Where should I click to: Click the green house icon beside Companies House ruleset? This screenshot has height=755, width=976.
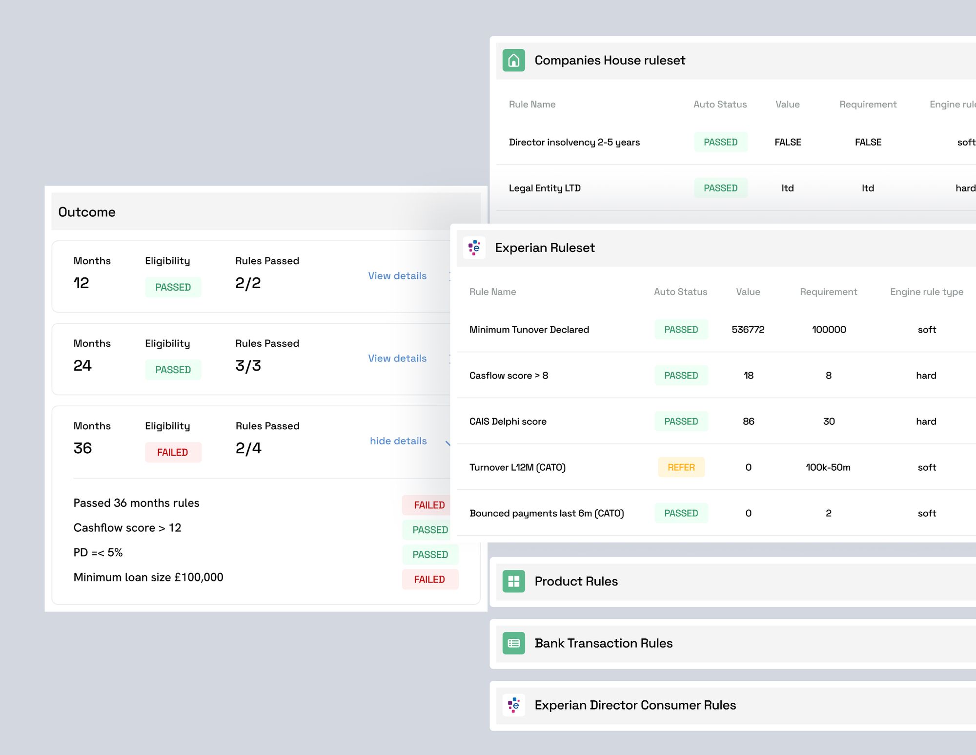513,60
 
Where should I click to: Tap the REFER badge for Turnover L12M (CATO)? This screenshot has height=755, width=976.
681,467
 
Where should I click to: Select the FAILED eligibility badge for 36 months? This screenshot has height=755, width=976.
173,452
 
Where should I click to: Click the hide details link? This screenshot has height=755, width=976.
398,441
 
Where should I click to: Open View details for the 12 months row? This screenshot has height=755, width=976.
397,276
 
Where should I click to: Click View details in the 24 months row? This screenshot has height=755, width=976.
397,358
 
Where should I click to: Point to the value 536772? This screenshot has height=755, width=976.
748,330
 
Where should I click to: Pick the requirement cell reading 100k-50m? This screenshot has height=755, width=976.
828,467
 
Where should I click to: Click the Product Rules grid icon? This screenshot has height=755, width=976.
513,581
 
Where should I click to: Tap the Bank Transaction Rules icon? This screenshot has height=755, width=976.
513,643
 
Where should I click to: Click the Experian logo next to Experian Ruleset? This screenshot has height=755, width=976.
474,248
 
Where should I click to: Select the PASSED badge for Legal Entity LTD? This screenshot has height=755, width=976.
720,188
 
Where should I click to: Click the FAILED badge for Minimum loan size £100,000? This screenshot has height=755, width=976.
429,579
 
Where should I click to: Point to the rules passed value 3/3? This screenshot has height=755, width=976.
248,366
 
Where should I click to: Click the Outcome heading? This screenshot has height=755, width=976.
87,212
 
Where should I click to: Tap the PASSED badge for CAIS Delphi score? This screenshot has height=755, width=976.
681,421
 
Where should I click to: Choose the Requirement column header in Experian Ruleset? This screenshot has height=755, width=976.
828,292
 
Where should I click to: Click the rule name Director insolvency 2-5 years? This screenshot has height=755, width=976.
574,142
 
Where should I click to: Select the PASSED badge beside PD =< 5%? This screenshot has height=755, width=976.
430,555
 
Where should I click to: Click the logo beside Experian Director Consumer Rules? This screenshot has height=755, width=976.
513,705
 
